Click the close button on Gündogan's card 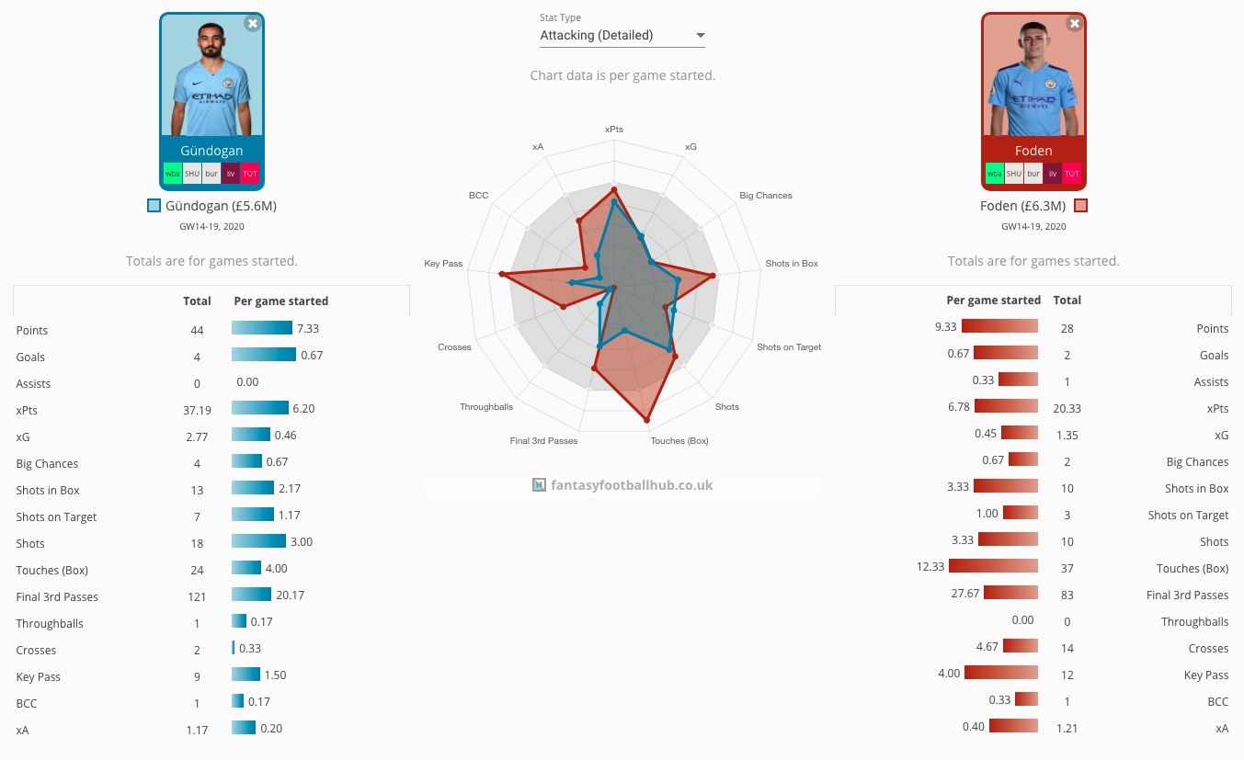click(x=253, y=23)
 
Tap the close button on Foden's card click(x=1075, y=23)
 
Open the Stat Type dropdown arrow click(x=701, y=36)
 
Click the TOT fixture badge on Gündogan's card click(x=250, y=174)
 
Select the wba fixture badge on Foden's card click(x=994, y=174)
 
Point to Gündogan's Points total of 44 click(x=197, y=330)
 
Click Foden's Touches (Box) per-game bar click(x=993, y=566)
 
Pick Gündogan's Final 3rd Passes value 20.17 click(x=290, y=596)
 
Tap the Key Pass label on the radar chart click(x=443, y=264)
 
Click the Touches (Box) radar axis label click(x=679, y=441)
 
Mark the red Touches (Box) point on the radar click(x=646, y=420)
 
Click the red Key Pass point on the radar click(x=501, y=274)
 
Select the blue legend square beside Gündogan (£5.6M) click(x=154, y=206)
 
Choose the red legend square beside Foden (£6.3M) click(x=1080, y=206)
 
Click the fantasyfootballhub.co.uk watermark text click(x=632, y=485)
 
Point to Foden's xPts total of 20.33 click(x=1067, y=409)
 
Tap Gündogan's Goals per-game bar click(x=264, y=354)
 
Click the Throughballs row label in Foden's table click(x=1194, y=622)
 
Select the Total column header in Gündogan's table click(x=197, y=301)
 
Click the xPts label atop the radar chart click(x=613, y=130)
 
